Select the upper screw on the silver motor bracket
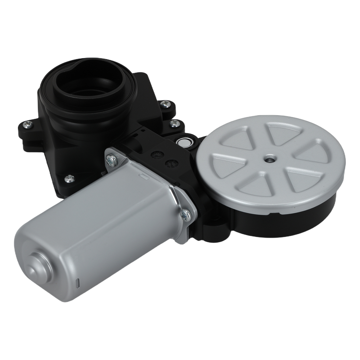pos(112,159)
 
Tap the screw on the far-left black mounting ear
pos(27,125)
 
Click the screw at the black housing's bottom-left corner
pos(69,178)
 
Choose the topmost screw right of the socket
pos(165,104)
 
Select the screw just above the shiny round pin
pos(175,123)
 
